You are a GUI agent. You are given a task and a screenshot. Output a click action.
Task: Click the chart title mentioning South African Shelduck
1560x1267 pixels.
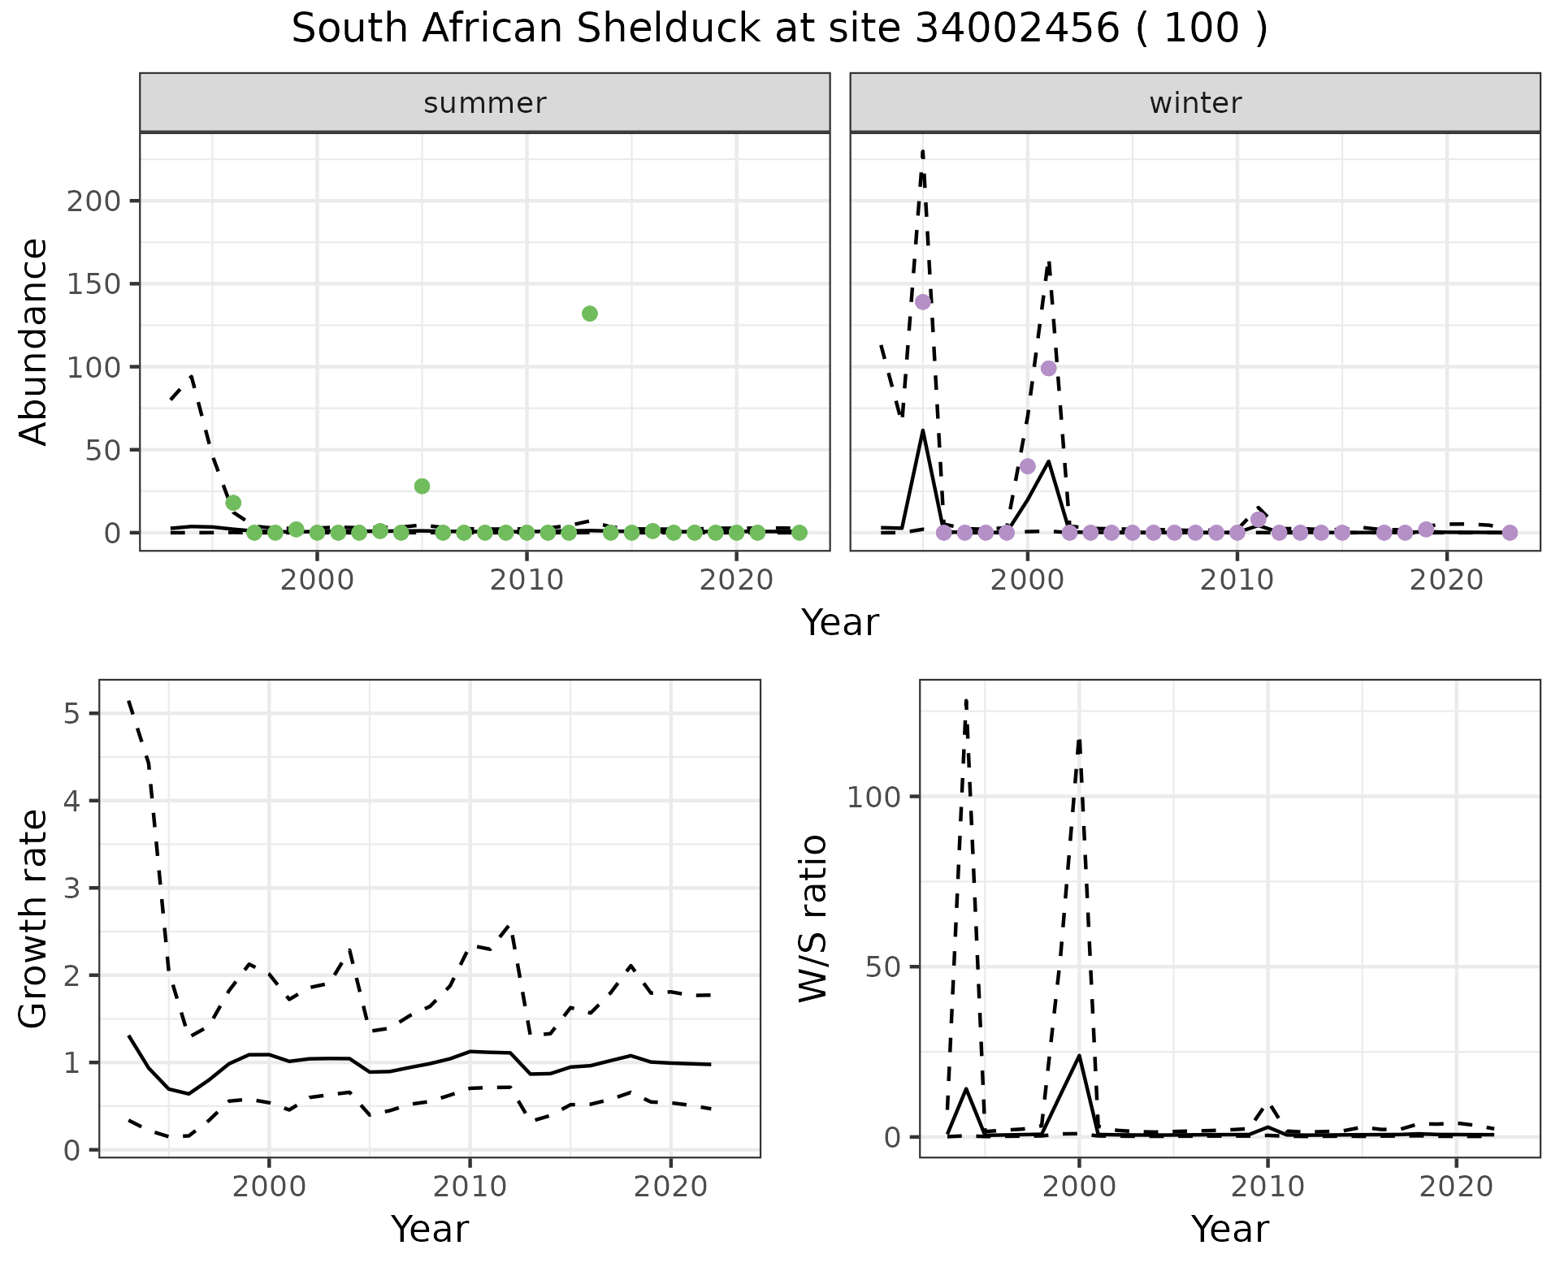point(779,29)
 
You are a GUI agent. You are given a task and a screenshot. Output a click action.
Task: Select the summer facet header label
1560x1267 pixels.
point(485,103)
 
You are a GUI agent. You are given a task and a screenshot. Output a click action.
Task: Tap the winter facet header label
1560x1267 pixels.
point(1195,103)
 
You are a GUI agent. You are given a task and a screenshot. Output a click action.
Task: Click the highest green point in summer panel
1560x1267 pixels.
point(590,314)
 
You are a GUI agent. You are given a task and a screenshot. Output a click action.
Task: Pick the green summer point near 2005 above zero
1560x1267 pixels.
point(422,486)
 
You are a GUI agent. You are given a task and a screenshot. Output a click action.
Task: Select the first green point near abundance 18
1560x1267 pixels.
point(233,503)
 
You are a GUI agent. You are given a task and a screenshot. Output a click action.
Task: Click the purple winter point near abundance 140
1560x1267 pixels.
point(922,302)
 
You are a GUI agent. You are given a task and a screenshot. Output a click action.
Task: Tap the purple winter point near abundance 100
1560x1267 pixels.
point(1048,368)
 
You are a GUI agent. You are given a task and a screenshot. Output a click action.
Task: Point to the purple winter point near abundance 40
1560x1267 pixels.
point(1027,466)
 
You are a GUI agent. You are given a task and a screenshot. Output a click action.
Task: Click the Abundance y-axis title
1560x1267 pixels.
point(34,341)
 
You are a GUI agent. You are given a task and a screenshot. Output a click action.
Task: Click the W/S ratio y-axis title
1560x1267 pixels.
point(812,918)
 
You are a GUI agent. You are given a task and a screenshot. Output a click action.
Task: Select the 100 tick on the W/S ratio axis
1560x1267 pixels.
point(874,797)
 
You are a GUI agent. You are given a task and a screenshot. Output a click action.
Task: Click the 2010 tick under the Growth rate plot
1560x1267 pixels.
point(470,1187)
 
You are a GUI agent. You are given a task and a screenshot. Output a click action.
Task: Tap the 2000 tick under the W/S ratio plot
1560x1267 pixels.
point(1079,1187)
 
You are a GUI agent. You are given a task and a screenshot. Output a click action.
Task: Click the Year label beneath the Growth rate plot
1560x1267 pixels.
point(430,1229)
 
